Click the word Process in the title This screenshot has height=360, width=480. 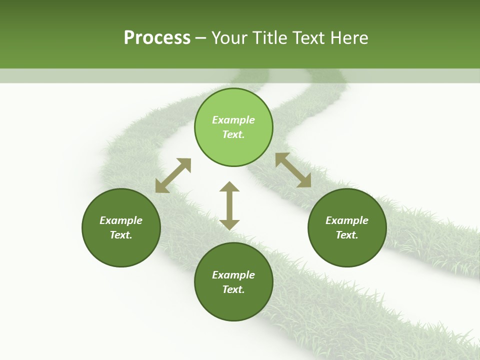pos(157,38)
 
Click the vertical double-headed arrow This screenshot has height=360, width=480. pos(229,205)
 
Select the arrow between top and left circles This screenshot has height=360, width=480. pos(173,175)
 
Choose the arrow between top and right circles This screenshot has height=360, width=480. pos(293,170)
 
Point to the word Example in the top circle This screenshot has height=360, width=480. pos(233,120)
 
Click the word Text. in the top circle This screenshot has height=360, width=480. pos(233,134)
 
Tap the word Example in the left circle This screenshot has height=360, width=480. pos(121,220)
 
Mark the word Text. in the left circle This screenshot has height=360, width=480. pos(121,235)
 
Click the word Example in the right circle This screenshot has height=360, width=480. pos(347,220)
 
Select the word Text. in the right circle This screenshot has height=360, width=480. pos(347,235)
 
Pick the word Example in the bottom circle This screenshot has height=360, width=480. pos(233,275)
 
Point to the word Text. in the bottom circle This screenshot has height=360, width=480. pos(233,289)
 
